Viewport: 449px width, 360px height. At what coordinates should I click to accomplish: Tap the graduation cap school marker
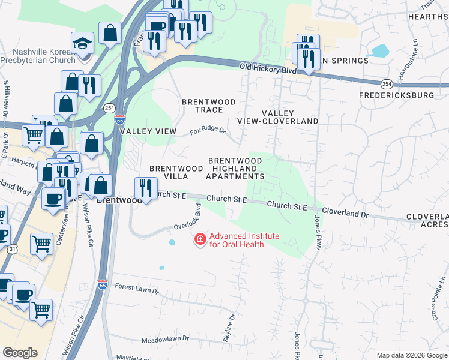pyautogui.click(x=82, y=44)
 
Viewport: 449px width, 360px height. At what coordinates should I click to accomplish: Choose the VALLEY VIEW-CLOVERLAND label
pyautogui.click(x=277, y=117)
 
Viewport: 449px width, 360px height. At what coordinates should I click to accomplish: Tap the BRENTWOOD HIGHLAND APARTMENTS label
pyautogui.click(x=235, y=169)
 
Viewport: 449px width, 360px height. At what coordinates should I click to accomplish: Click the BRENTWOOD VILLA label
pyautogui.click(x=176, y=172)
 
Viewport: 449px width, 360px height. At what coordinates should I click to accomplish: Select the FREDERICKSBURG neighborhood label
pyautogui.click(x=396, y=95)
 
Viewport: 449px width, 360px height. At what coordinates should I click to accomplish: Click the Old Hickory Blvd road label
pyautogui.click(x=268, y=69)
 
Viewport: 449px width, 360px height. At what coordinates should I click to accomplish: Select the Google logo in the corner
pyautogui.click(x=20, y=352)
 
